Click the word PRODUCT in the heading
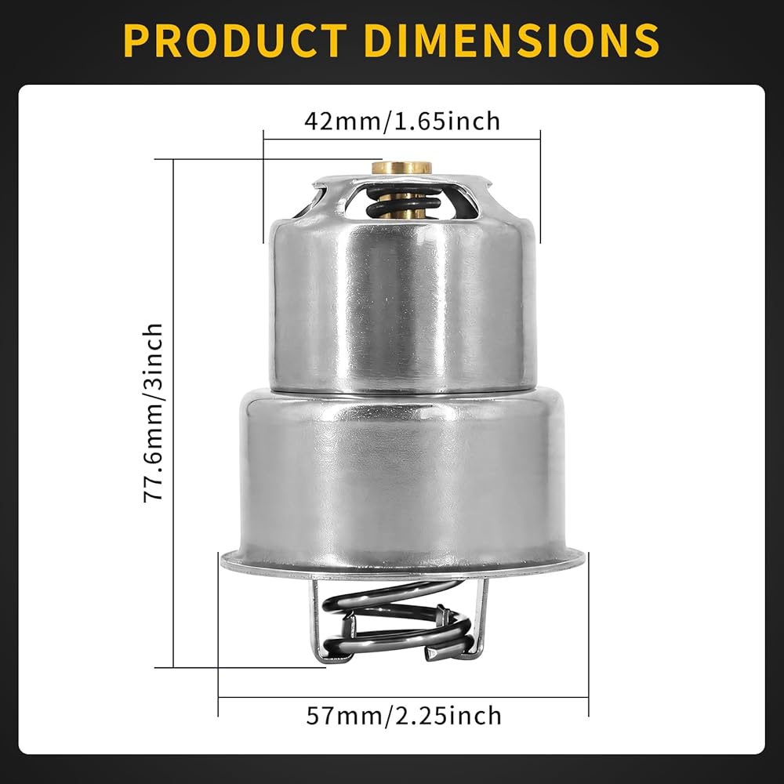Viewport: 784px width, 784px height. coord(235,41)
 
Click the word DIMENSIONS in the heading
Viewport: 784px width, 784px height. coord(513,41)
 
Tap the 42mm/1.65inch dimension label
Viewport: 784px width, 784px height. coord(402,121)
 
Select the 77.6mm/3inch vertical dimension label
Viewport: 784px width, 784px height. coord(154,412)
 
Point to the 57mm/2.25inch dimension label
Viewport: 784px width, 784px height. coord(404,716)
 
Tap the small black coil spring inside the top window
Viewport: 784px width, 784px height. coord(404,202)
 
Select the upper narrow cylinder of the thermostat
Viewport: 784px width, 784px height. coord(402,295)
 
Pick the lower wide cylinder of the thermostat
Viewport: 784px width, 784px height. coord(402,475)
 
